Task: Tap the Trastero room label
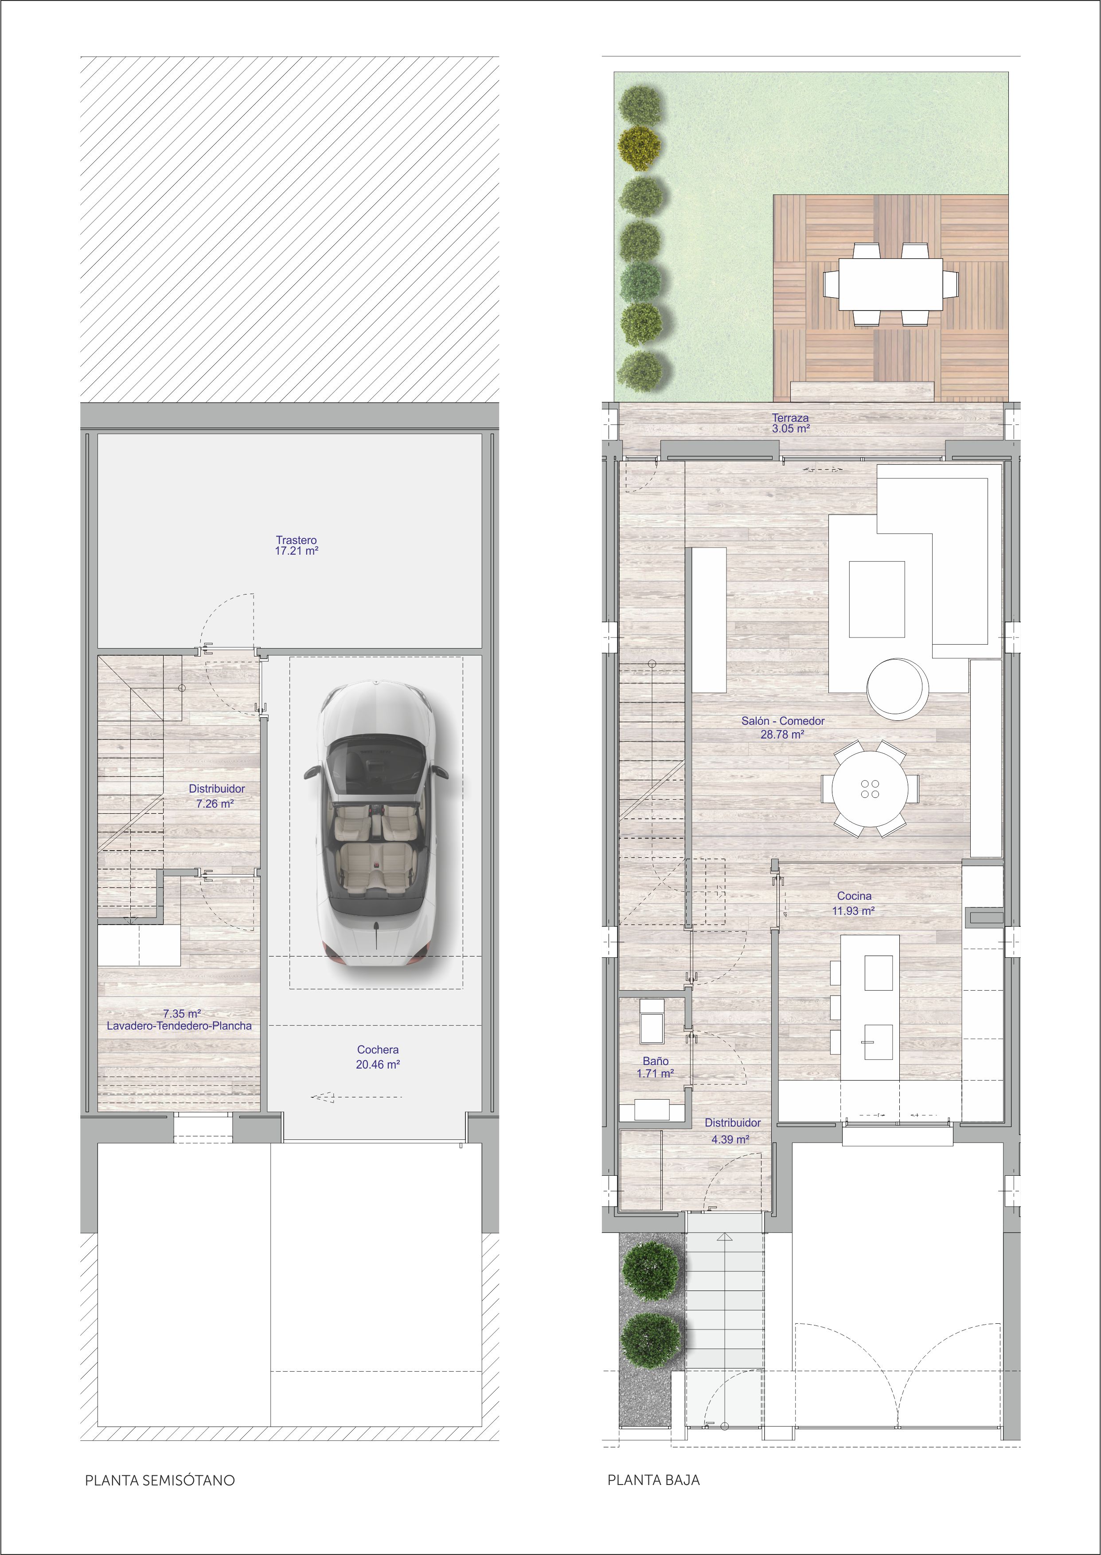(x=296, y=540)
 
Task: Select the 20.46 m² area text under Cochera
(x=378, y=1065)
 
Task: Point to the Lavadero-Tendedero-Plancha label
(x=179, y=1026)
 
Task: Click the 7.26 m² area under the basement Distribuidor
(x=215, y=804)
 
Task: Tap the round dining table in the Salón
(x=871, y=789)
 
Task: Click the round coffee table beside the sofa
(x=898, y=688)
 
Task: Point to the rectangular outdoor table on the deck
(x=890, y=284)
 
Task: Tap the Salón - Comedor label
(x=783, y=721)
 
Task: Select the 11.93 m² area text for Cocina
(x=854, y=911)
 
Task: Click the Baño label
(x=656, y=1061)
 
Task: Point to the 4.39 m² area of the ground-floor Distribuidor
(x=730, y=1139)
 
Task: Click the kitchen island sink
(x=878, y=1042)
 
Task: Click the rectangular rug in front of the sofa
(x=877, y=599)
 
